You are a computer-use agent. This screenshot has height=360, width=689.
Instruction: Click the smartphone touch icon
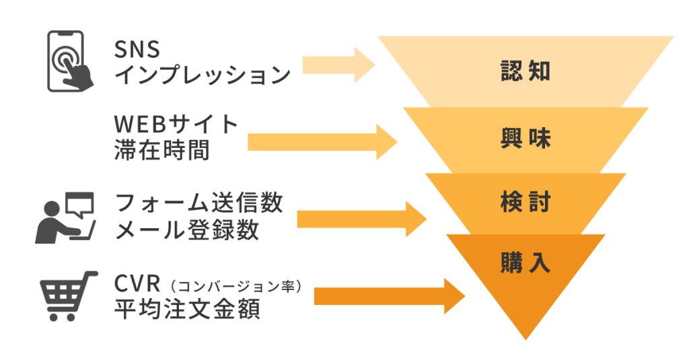point(69,62)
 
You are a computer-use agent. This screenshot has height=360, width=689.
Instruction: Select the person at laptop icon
point(65,217)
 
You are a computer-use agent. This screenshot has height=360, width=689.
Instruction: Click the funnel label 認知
point(525,70)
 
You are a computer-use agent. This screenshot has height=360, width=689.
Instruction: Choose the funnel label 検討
point(525,202)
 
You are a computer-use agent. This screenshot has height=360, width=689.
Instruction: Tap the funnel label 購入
point(525,262)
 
